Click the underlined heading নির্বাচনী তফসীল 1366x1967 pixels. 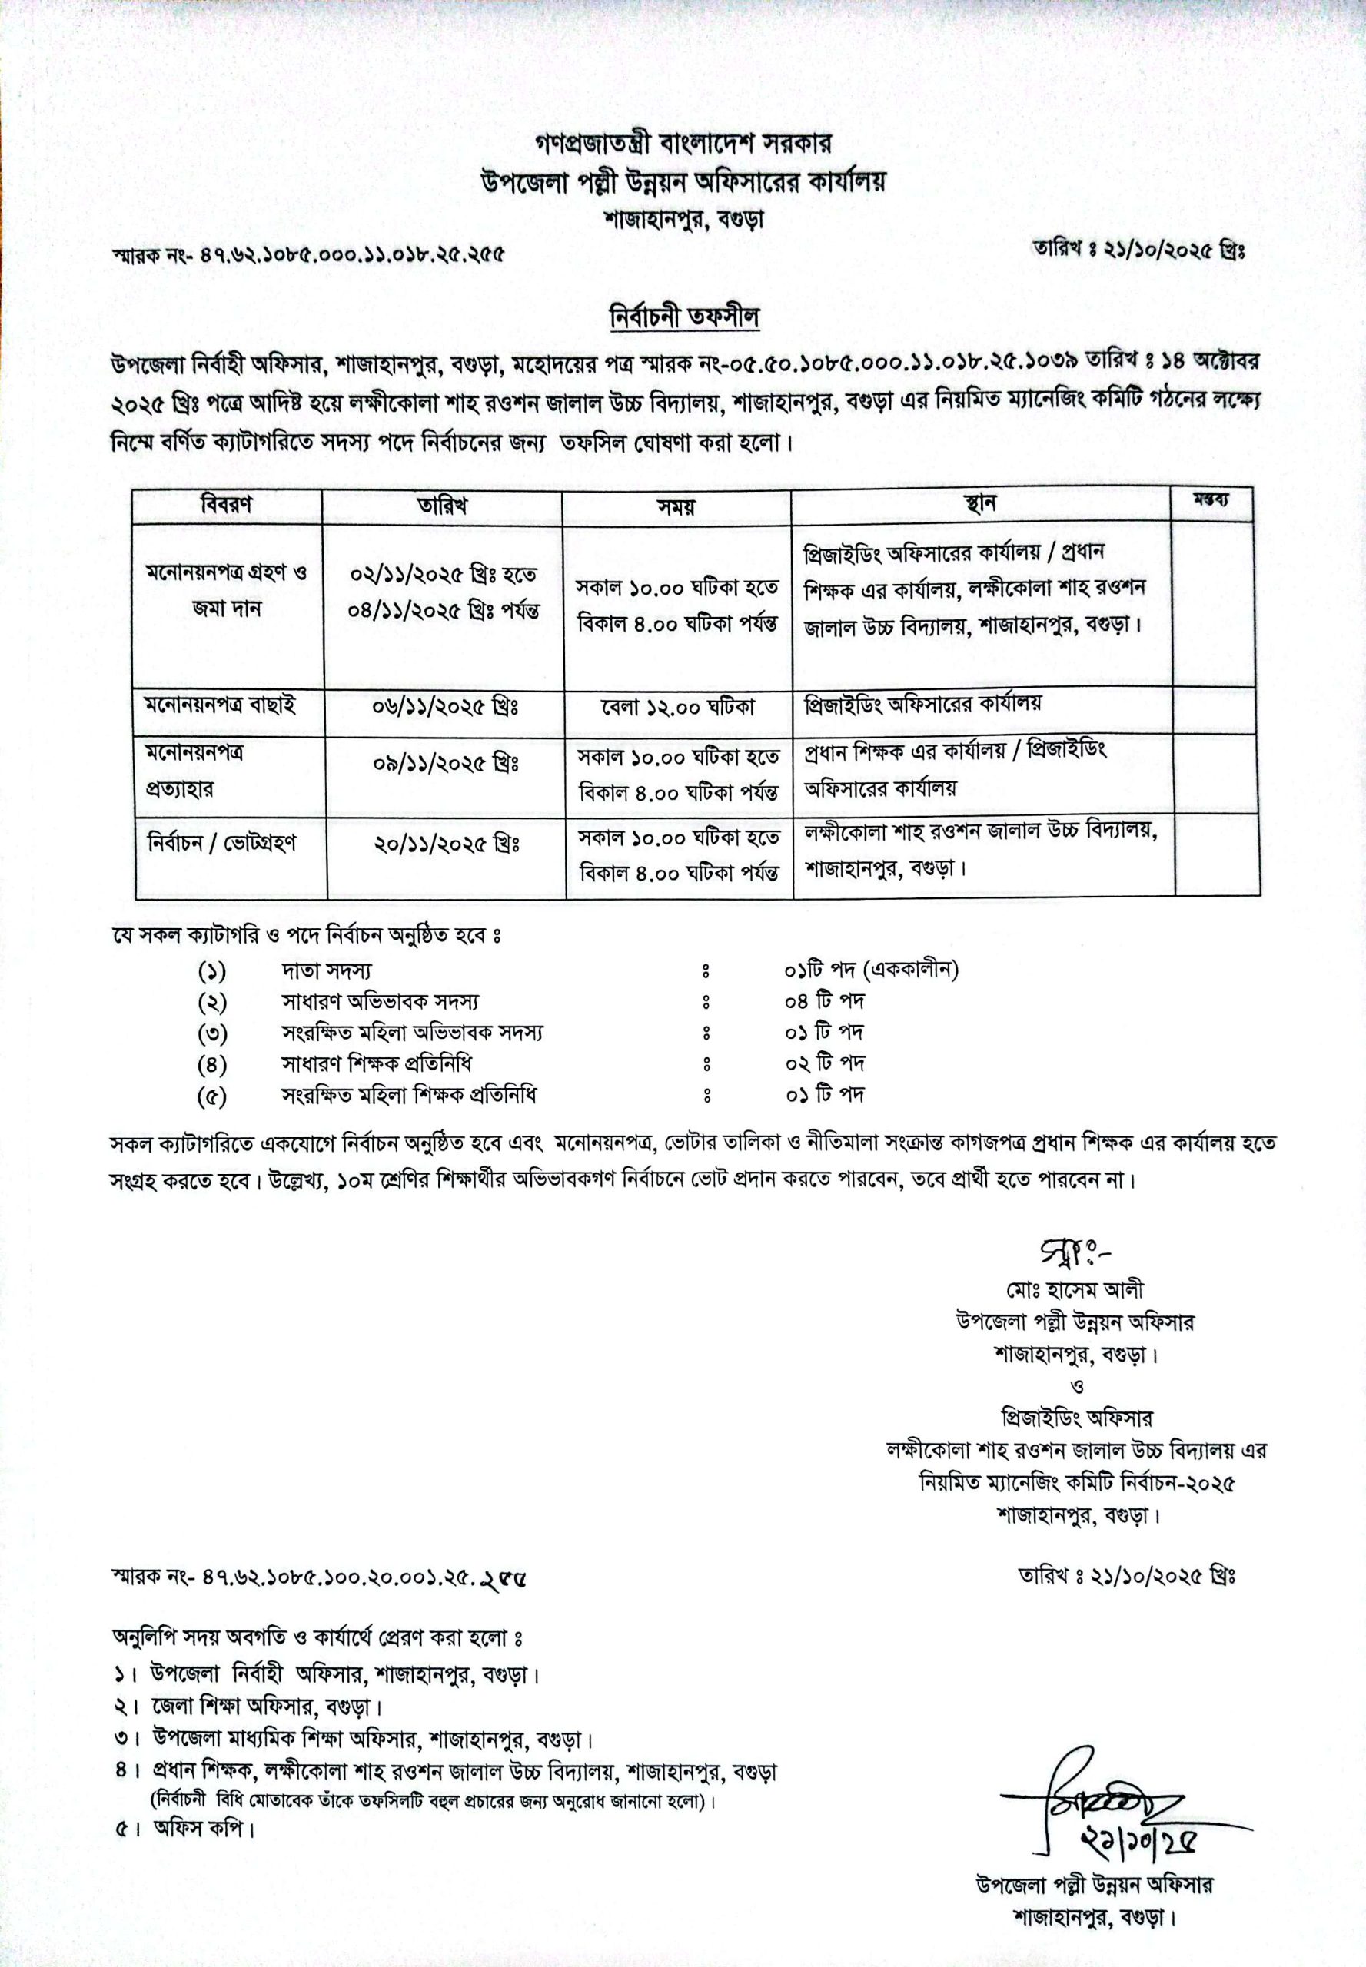(x=684, y=317)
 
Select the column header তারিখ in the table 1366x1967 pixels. (x=443, y=505)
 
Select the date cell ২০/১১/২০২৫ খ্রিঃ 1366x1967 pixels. (x=446, y=844)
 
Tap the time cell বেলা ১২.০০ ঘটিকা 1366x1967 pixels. (x=677, y=708)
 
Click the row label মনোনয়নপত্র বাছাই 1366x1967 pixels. (x=221, y=705)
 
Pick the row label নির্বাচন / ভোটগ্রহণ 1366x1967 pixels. (x=221, y=843)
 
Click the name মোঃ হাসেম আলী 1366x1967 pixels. (x=1074, y=1289)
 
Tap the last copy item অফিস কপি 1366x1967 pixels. (x=204, y=1829)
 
